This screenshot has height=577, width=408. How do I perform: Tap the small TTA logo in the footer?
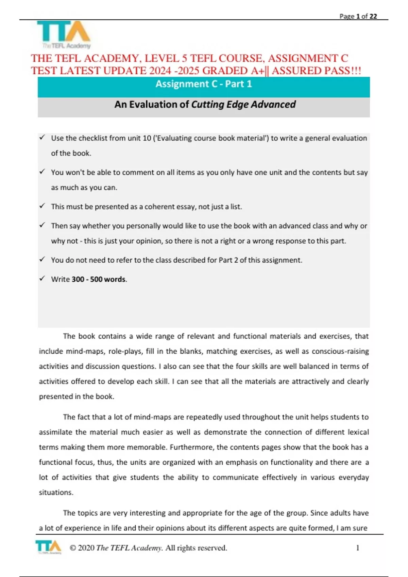(x=48, y=547)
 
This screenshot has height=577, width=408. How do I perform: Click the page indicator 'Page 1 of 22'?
(x=358, y=16)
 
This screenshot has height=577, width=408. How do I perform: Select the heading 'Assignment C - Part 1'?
(x=204, y=84)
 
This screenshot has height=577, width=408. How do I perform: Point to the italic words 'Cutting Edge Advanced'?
(x=243, y=105)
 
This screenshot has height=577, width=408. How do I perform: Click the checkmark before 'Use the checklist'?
(x=42, y=137)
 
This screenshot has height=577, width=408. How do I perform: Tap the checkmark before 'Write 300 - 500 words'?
(x=42, y=278)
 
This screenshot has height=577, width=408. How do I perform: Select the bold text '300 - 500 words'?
(x=99, y=279)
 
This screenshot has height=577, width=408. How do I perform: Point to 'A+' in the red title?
(x=257, y=71)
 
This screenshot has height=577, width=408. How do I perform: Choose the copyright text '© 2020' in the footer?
(x=82, y=548)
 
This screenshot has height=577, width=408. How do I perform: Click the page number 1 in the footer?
(x=357, y=547)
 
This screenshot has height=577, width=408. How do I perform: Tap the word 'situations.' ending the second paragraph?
(x=56, y=492)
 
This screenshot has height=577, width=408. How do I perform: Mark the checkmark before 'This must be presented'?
(x=42, y=206)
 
